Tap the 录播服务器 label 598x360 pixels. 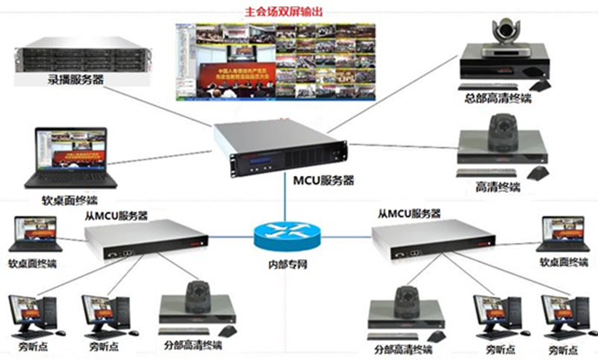(x=76, y=80)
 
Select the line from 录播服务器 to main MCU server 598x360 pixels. (x=174, y=99)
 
